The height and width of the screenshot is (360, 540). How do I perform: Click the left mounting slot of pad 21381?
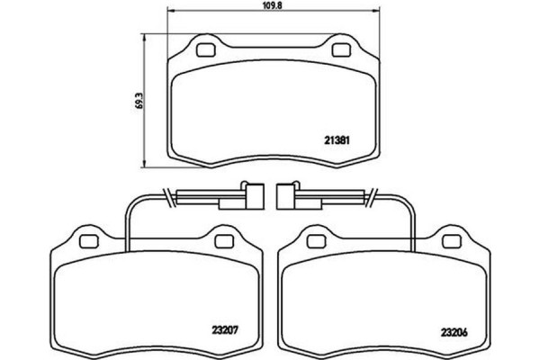(x=203, y=49)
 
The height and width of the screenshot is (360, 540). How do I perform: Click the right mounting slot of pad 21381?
(x=342, y=49)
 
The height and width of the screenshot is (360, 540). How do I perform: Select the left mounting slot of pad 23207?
(x=88, y=241)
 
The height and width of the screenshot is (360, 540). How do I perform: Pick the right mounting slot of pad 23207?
(x=222, y=241)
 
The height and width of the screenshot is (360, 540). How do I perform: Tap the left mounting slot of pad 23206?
(x=316, y=241)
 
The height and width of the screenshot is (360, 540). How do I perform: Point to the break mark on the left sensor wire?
(x=167, y=196)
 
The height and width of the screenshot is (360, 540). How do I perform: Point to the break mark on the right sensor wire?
(x=371, y=196)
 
